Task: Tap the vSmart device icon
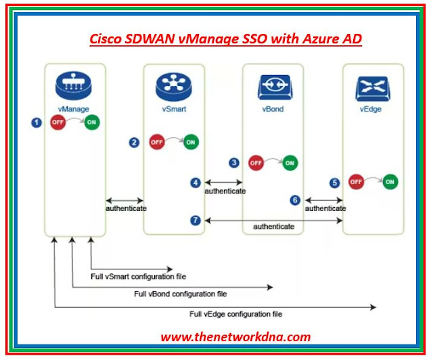click(173, 86)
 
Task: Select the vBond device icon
click(273, 87)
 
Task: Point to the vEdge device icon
click(371, 87)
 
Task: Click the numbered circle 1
click(37, 123)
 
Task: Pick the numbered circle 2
click(135, 142)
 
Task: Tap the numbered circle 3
click(234, 162)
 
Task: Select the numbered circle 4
click(196, 183)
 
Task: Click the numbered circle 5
click(334, 183)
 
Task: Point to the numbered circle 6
click(295, 200)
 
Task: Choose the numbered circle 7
click(196, 220)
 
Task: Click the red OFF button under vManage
click(58, 123)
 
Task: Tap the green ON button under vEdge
click(390, 182)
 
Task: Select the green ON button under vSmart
click(191, 142)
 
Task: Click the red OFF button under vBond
click(256, 162)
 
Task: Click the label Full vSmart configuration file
click(138, 276)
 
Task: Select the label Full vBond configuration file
click(180, 294)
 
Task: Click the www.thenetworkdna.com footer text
click(235, 336)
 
